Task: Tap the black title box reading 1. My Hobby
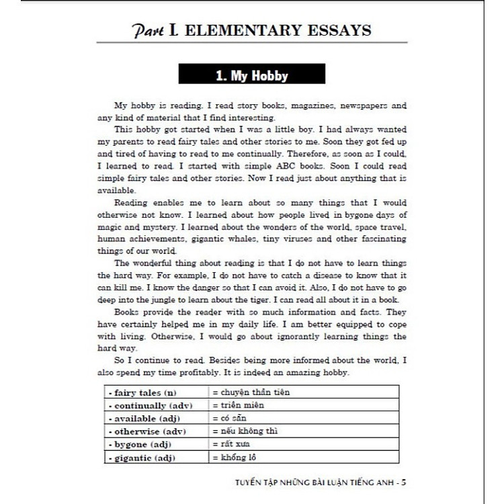tap(251, 75)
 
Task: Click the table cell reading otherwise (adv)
tap(148, 431)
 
